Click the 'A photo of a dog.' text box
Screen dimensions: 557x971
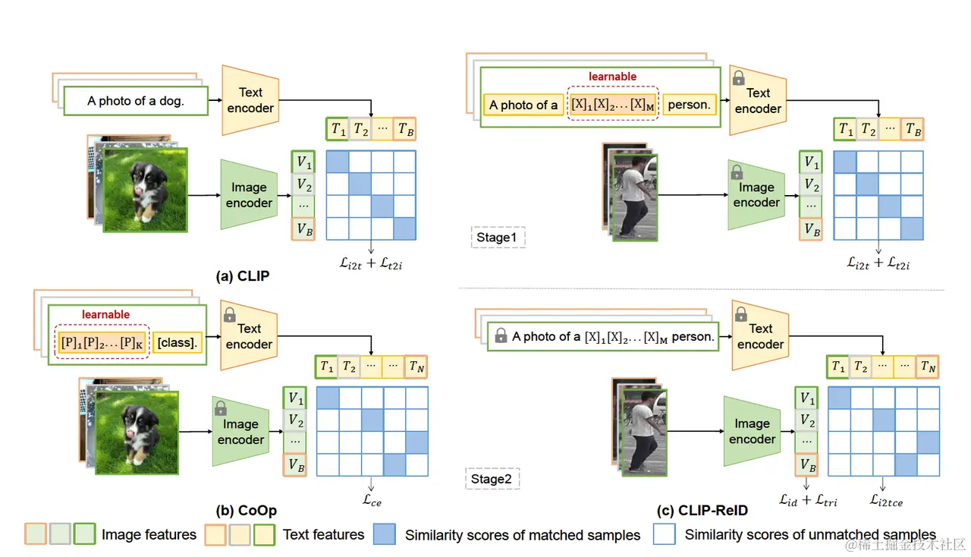[x=136, y=100]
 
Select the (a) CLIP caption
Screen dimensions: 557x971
[x=243, y=275]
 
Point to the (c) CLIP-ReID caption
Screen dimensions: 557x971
[x=702, y=510]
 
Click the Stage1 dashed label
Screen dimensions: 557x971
[x=498, y=238]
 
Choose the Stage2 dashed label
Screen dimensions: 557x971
[x=491, y=479]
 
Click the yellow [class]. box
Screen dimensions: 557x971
[x=178, y=342]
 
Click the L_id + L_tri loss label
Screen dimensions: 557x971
[x=808, y=499]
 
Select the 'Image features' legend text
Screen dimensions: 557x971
[x=149, y=535]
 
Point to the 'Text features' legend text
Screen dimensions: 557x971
[x=323, y=535]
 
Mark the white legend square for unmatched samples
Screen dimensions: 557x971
[x=665, y=534]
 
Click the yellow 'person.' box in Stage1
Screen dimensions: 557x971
[x=689, y=105]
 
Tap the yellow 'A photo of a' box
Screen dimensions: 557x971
[x=523, y=105]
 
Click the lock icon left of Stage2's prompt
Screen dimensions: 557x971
[x=501, y=335]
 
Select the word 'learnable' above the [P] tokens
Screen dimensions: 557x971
[x=105, y=314]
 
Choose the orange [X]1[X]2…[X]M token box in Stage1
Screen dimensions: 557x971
[x=612, y=105]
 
